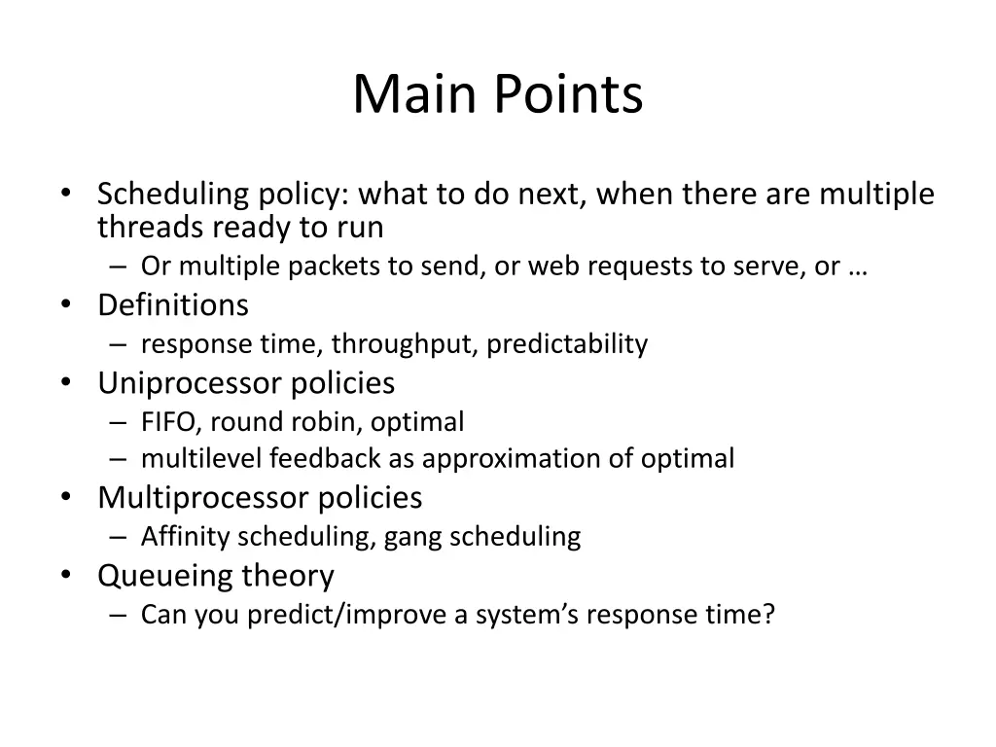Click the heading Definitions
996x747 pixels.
[173, 305]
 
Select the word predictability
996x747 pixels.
[567, 344]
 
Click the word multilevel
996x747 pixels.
[201, 458]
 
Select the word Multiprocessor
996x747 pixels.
[203, 498]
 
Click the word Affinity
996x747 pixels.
[186, 536]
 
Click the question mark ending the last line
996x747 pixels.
[768, 615]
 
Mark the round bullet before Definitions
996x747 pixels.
[66, 305]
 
